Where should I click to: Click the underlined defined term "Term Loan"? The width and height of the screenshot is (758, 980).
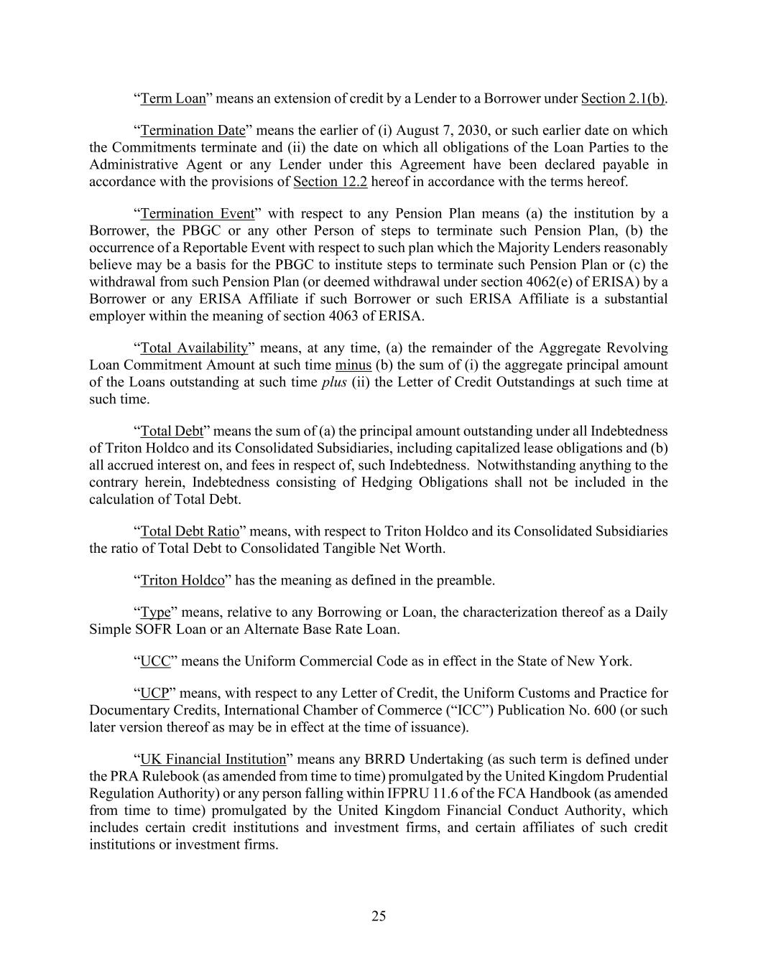click(173, 98)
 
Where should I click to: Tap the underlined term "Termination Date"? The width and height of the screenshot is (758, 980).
click(193, 131)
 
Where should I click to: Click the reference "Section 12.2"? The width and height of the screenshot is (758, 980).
click(330, 182)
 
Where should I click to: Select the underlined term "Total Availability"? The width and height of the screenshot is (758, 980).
click(194, 348)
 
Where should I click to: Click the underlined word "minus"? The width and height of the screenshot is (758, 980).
click(353, 365)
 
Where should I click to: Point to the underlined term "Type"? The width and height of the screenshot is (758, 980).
click(155, 613)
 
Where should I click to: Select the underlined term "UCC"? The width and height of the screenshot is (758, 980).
click(155, 661)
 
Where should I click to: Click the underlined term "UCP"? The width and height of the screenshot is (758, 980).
click(154, 694)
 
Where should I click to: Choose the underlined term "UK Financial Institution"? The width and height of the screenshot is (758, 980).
click(213, 760)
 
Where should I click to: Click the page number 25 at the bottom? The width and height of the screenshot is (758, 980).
click(379, 916)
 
